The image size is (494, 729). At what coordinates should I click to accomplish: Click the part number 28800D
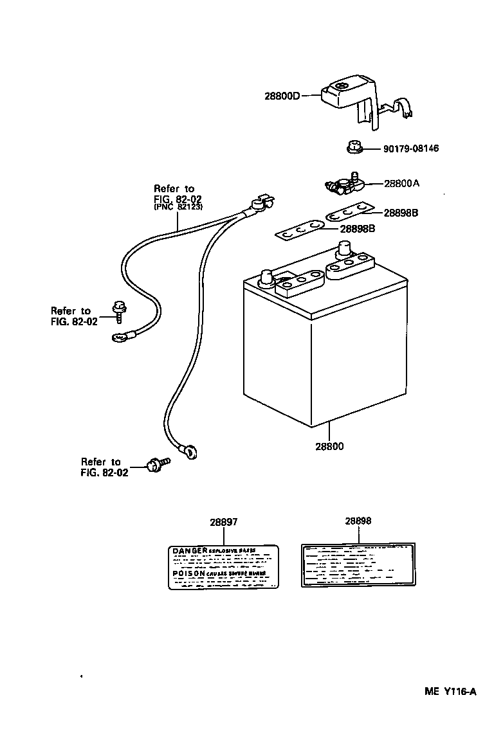(282, 96)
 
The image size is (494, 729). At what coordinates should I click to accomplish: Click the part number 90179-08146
(410, 148)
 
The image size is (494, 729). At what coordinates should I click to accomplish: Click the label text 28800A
(401, 183)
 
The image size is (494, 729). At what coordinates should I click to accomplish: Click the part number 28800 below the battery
(329, 446)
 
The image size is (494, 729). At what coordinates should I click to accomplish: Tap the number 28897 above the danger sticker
(223, 523)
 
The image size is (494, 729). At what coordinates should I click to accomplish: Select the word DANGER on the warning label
(189, 551)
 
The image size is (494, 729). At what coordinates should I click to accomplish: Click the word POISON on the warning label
(188, 572)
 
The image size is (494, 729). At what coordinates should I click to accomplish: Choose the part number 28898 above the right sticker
(358, 521)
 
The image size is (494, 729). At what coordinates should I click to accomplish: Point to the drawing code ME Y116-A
(450, 692)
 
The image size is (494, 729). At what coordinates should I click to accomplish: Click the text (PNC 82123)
(178, 208)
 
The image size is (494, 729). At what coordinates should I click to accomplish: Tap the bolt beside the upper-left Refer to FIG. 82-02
(119, 311)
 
